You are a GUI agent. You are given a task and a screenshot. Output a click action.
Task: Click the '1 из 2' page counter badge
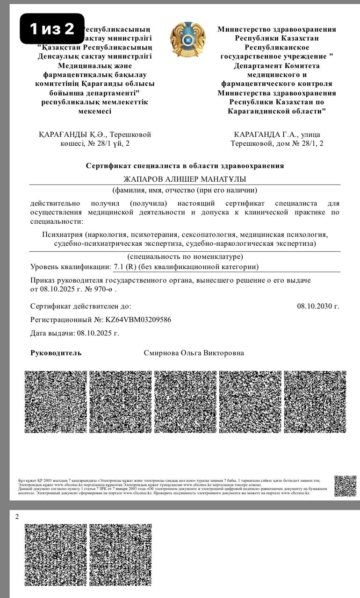(x=52, y=29)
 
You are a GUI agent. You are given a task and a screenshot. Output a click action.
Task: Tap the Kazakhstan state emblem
(x=187, y=40)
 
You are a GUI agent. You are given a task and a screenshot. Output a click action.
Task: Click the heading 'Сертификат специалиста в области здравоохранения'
(x=185, y=166)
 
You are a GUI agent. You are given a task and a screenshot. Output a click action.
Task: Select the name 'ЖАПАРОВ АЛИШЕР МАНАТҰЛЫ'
(x=184, y=179)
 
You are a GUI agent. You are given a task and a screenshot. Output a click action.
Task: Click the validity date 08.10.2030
(x=318, y=306)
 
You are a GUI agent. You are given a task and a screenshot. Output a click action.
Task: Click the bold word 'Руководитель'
(x=56, y=353)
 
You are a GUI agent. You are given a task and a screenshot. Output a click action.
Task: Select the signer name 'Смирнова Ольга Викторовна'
(x=194, y=353)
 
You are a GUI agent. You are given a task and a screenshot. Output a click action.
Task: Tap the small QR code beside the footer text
(x=345, y=486)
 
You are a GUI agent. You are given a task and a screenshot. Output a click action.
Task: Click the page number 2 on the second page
(x=17, y=516)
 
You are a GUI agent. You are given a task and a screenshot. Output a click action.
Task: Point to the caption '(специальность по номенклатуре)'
(x=185, y=257)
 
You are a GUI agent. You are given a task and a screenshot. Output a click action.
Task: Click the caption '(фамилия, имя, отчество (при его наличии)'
(x=185, y=190)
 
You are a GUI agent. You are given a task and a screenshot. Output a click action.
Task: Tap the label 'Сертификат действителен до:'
(x=80, y=306)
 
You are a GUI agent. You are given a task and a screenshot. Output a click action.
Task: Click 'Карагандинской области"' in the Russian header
(x=277, y=111)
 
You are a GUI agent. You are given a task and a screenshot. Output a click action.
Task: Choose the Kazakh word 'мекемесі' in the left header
(x=95, y=111)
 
